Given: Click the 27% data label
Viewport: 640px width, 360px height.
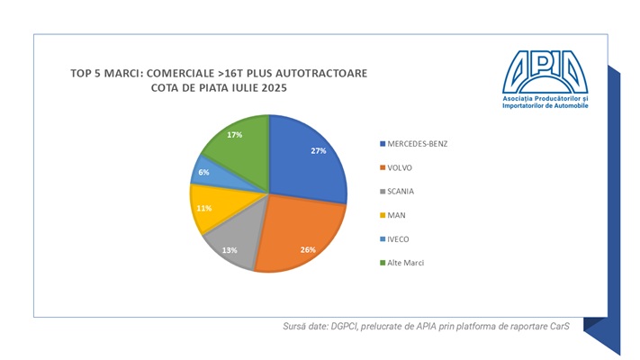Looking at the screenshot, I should (318, 151).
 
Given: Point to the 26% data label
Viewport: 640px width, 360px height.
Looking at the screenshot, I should (308, 249).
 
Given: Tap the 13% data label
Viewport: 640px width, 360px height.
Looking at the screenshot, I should (230, 249).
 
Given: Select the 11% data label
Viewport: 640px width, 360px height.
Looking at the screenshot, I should (203, 208).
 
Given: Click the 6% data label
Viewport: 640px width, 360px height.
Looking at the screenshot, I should (203, 172).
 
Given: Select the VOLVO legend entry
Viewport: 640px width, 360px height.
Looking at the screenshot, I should (401, 166).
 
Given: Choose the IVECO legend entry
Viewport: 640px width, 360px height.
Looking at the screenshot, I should (400, 238).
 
